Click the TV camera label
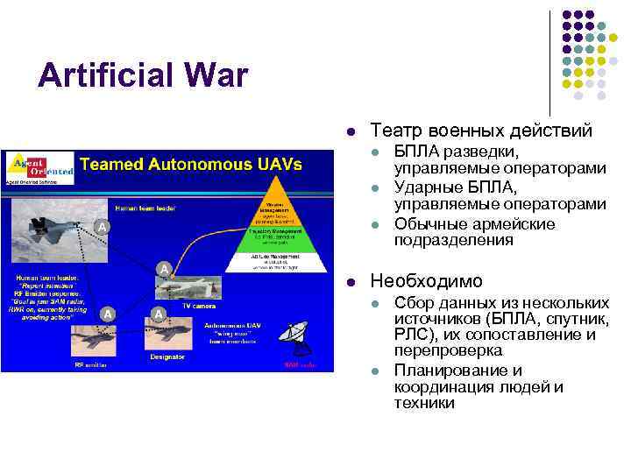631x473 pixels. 198,306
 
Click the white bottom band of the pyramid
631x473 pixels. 280,262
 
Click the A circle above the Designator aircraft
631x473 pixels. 158,314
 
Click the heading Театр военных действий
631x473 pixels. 481,131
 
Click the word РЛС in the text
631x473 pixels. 408,335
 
